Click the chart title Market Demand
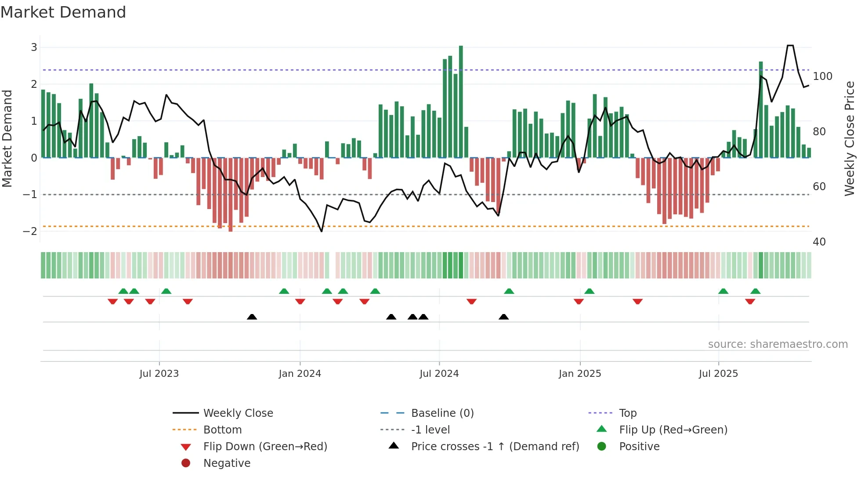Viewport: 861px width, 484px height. coord(63,12)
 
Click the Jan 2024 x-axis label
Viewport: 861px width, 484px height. coord(300,374)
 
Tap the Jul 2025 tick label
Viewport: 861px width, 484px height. coord(718,374)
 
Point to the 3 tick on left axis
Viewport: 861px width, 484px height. coord(34,47)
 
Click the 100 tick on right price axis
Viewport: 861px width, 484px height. coord(822,76)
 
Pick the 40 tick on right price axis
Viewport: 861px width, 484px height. coord(819,242)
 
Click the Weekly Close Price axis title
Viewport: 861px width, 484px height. coord(850,138)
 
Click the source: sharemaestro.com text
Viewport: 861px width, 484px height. coord(778,344)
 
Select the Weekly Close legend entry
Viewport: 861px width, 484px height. coord(238,413)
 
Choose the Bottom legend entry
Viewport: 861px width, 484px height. coord(222,430)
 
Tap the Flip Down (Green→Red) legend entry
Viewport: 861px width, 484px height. coord(265,447)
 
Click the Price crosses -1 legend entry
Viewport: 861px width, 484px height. coord(495,447)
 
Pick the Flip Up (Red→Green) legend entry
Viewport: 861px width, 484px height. coord(673,430)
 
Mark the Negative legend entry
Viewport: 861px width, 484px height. coord(227,463)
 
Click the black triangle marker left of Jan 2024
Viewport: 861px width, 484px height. coord(252,317)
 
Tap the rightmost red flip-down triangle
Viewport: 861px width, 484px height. coord(750,301)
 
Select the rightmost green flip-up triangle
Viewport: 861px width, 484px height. coord(755,291)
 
